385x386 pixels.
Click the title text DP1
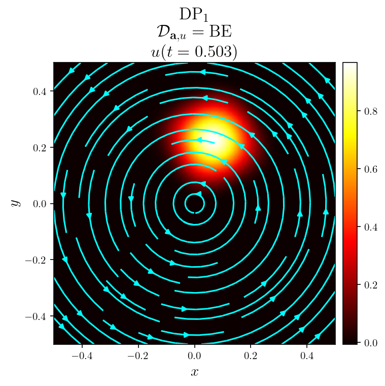click(194, 14)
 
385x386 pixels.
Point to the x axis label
click(194, 372)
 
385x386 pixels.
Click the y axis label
click(16, 203)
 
